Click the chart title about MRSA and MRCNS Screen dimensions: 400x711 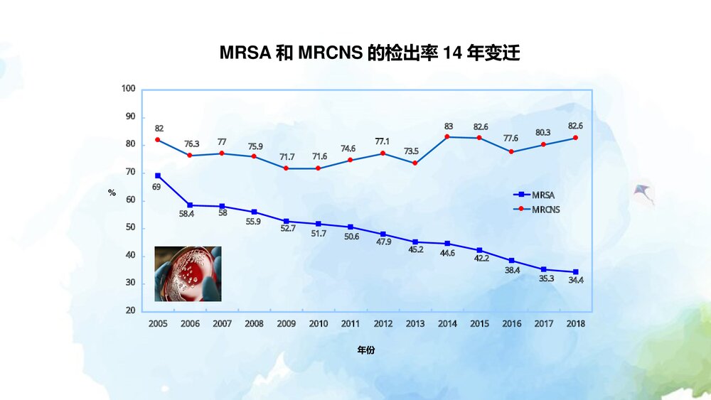tap(369, 53)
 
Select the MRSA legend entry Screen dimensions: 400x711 tap(535, 194)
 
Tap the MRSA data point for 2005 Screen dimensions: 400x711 tap(158, 175)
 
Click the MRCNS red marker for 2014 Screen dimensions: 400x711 tap(447, 137)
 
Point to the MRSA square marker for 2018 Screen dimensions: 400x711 tap(576, 272)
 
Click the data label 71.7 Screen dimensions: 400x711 tap(287, 156)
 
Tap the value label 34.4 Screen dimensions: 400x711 tap(576, 281)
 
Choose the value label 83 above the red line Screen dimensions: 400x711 tap(448, 126)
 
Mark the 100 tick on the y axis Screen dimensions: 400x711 tap(128, 89)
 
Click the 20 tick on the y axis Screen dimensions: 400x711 tap(130, 311)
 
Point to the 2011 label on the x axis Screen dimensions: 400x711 tap(351, 324)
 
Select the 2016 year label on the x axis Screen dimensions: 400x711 tap(511, 324)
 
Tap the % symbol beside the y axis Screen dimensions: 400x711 tap(112, 193)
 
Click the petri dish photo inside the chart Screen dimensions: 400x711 tap(188, 274)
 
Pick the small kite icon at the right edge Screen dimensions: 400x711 tap(644, 192)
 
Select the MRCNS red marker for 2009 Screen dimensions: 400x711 tap(287, 168)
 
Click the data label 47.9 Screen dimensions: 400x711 tap(383, 242)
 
